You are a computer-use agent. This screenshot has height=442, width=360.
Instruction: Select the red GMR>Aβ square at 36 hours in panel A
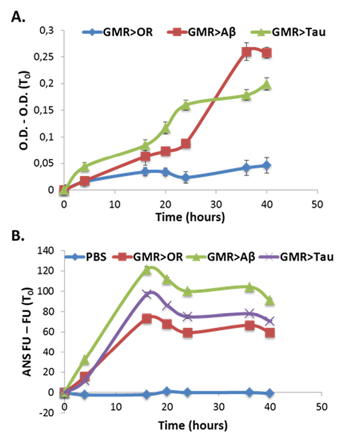click(247, 52)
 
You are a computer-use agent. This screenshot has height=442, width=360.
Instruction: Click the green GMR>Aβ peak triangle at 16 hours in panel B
click(147, 270)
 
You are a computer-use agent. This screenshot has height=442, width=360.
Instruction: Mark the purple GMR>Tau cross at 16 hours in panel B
click(147, 294)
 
